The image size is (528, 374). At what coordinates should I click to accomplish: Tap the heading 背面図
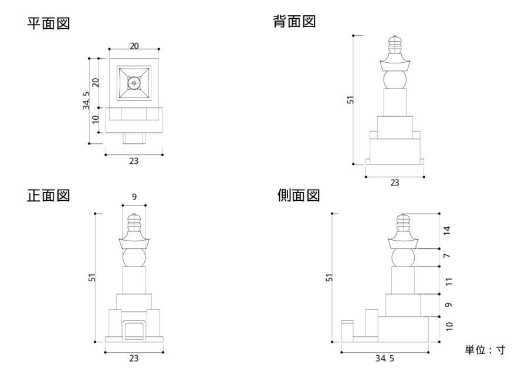[295, 22]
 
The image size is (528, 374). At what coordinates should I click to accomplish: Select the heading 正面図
[49, 196]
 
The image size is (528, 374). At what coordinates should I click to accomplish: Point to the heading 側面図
[299, 196]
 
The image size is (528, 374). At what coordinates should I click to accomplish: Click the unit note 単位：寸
[485, 350]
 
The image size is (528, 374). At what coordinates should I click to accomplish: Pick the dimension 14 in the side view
[448, 230]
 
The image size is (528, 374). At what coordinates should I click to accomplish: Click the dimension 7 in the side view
[448, 257]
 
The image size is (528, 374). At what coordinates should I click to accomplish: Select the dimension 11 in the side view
[448, 281]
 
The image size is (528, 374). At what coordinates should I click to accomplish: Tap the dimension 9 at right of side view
[448, 305]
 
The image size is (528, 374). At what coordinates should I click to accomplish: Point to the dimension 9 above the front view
[134, 197]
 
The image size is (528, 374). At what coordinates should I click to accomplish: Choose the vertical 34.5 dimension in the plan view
[86, 100]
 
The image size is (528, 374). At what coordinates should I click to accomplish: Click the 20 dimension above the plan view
[134, 46]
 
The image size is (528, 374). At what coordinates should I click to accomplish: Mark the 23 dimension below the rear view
[394, 183]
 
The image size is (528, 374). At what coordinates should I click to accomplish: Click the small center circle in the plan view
[134, 84]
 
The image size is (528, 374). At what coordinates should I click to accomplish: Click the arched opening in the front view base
[134, 330]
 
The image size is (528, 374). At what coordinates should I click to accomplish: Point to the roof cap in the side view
[403, 241]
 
